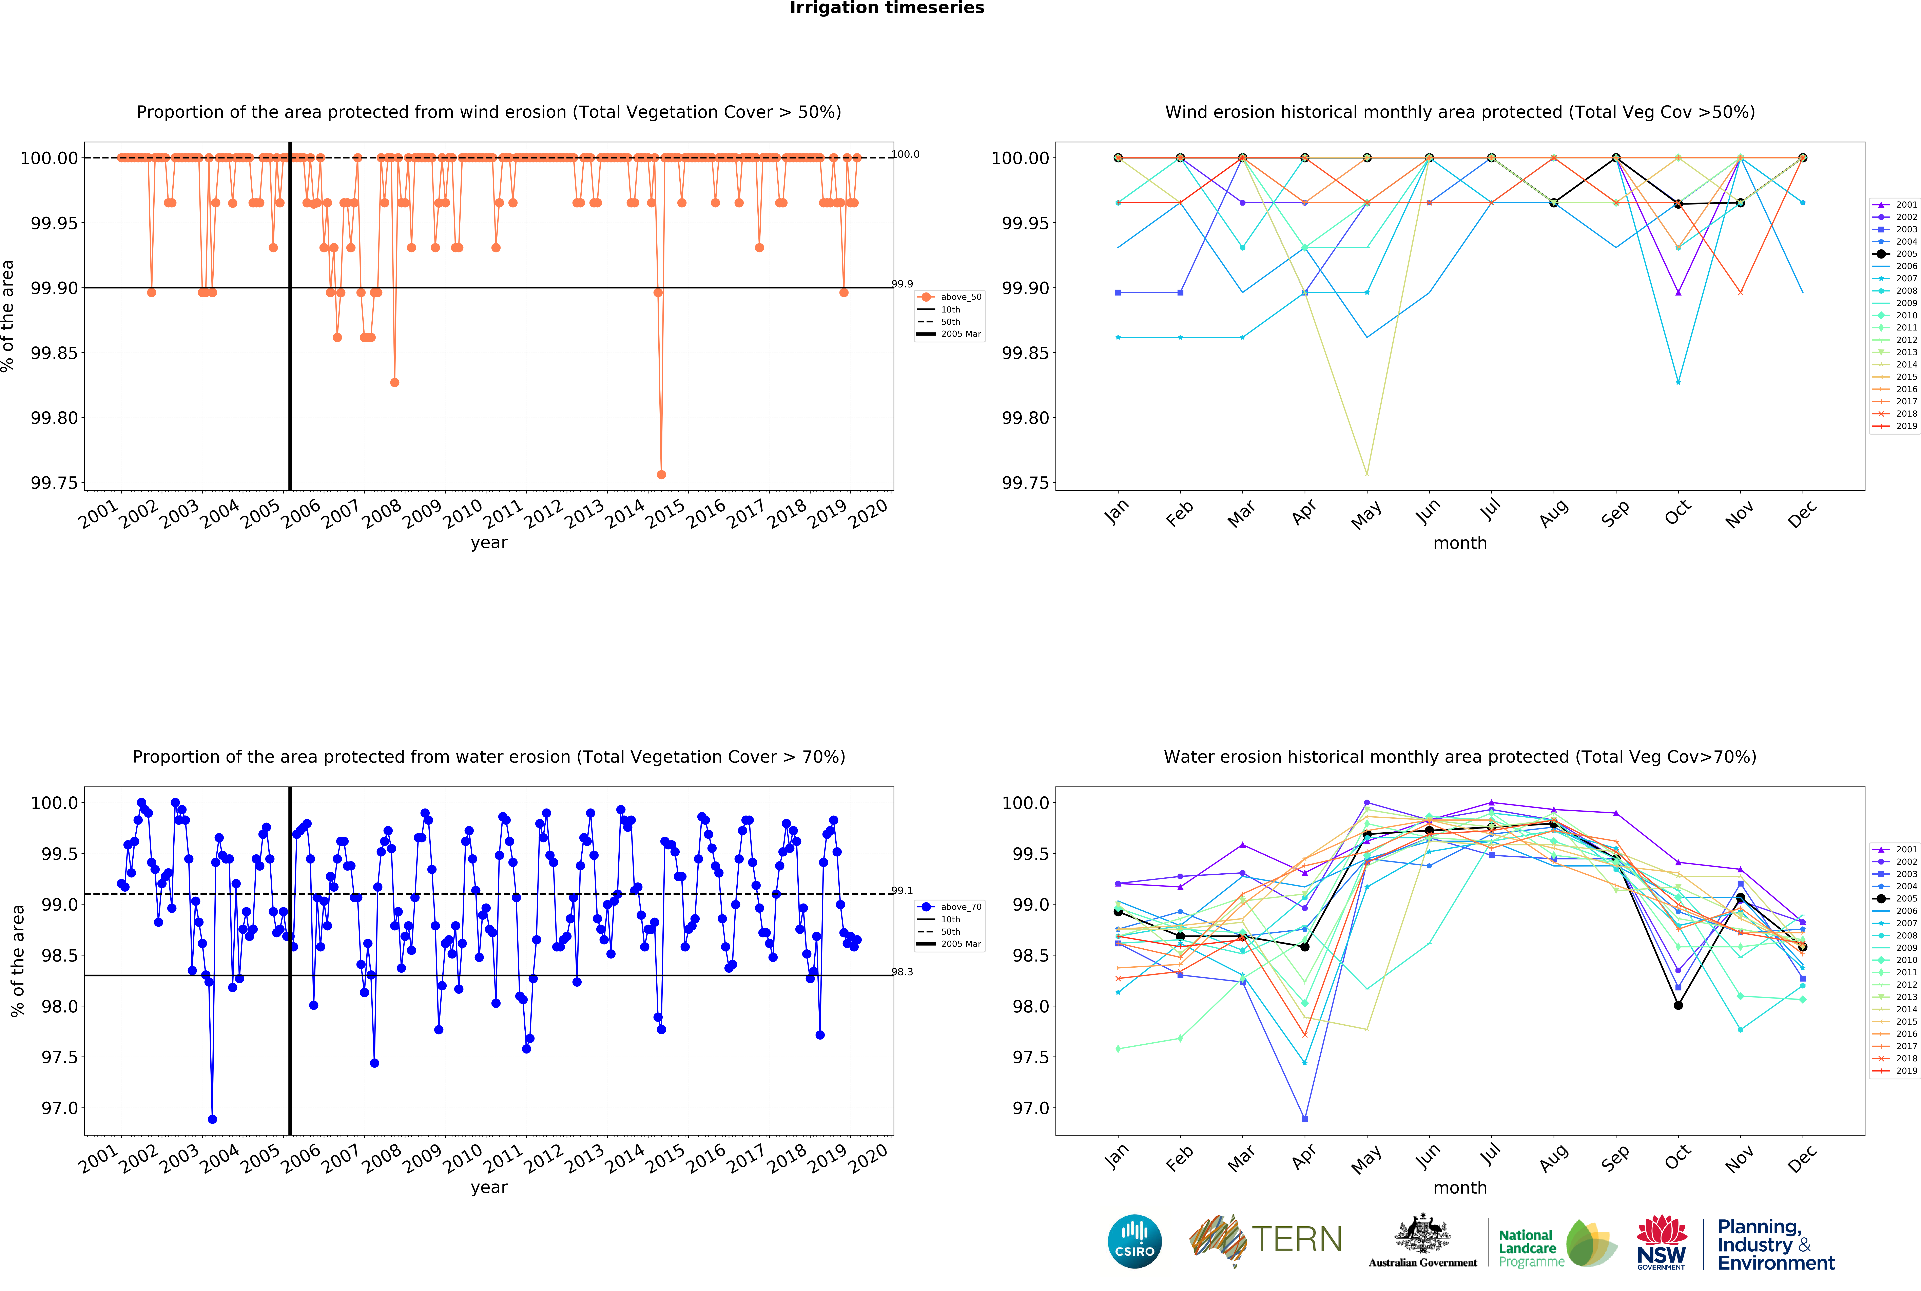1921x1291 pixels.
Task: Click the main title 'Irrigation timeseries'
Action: click(886, 8)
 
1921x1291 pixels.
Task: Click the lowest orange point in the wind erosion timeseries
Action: click(661, 474)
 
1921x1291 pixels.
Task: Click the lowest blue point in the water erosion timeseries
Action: click(212, 1119)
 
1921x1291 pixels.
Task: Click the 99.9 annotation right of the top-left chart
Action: click(902, 284)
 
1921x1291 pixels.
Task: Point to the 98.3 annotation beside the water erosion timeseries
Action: click(902, 972)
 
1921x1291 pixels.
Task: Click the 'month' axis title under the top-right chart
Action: click(1459, 543)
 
